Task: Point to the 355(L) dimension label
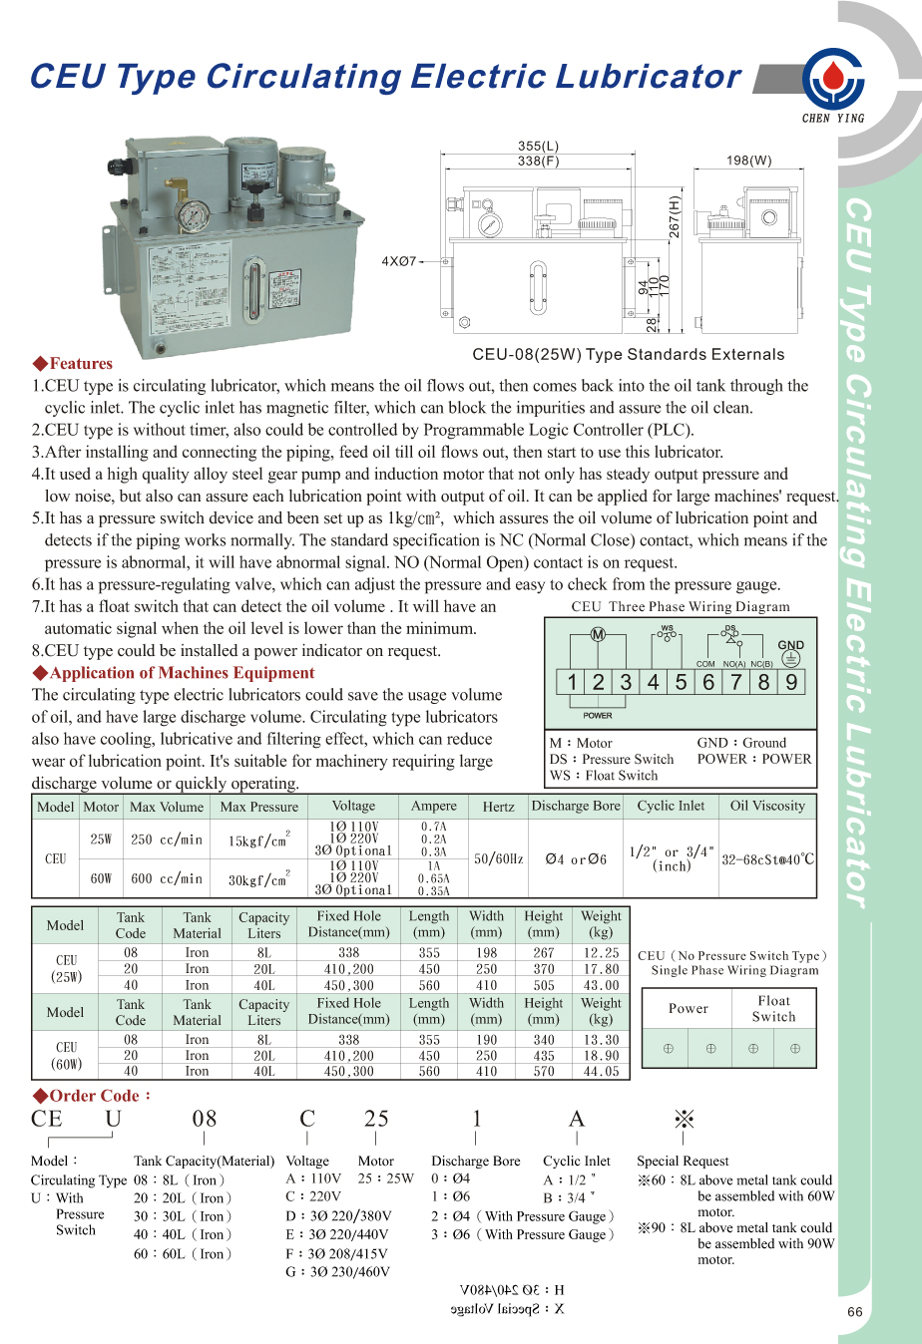[538, 146]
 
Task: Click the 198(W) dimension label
[748, 160]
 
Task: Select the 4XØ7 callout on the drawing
[398, 261]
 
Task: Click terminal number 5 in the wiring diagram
[681, 682]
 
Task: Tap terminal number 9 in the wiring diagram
[791, 682]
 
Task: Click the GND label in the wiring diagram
[790, 645]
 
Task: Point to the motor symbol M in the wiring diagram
[598, 635]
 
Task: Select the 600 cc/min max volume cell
[167, 878]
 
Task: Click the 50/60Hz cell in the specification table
[498, 858]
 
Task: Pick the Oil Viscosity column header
[766, 806]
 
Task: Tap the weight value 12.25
[601, 952]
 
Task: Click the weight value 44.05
[601, 1072]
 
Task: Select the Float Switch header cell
[773, 1008]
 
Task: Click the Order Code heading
[92, 1096]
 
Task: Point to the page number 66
[854, 1312]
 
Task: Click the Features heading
[73, 364]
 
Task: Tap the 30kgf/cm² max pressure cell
[258, 879]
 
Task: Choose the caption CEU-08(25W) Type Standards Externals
[628, 354]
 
